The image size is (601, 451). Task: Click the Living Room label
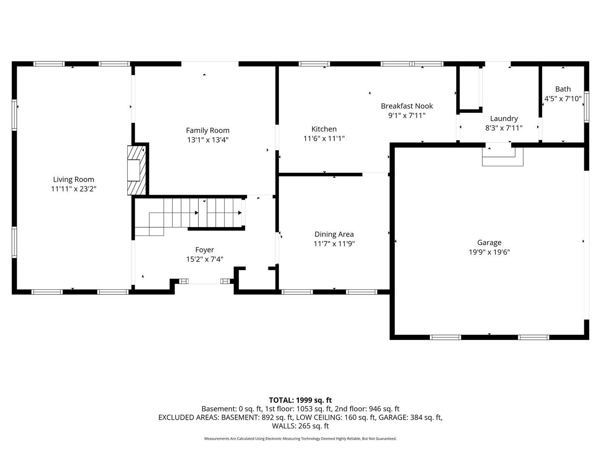73,180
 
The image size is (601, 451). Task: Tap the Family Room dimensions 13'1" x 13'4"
207,140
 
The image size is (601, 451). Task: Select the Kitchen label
324,129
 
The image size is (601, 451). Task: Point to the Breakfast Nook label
407,106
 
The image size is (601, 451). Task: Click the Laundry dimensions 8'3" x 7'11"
504,128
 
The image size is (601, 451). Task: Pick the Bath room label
563,89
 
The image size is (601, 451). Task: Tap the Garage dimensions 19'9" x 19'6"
489,252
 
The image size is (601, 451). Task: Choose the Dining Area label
334,234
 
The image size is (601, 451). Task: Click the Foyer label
205,250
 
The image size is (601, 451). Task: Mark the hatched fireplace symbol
136,170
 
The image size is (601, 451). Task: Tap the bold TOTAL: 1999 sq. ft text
300,400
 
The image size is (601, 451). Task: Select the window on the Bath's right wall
586,107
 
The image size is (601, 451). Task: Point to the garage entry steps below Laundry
503,157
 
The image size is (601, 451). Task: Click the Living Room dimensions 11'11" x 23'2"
73,189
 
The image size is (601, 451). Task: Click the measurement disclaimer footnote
300,438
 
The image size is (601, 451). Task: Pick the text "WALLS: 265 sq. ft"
300,426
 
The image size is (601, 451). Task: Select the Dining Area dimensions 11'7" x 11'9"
334,244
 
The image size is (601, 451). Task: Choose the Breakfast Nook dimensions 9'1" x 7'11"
407,116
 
